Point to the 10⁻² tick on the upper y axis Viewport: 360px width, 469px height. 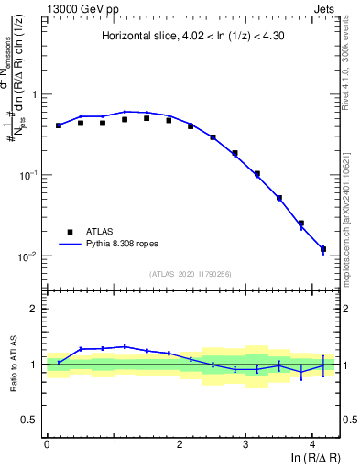[x=29, y=256]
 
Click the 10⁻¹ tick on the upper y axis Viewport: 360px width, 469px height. [x=29, y=175]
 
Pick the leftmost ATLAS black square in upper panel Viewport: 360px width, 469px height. [x=59, y=125]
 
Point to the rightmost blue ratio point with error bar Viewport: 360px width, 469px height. [x=322, y=365]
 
